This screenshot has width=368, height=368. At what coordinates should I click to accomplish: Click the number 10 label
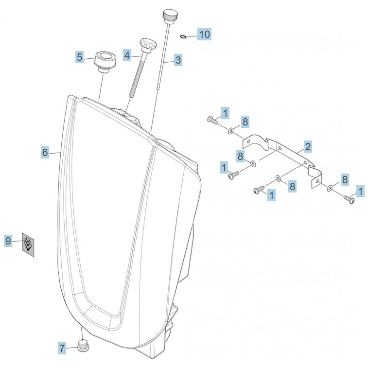click(x=204, y=34)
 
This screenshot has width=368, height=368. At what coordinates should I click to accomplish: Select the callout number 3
click(x=178, y=60)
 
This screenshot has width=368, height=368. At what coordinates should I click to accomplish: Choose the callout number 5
click(x=80, y=57)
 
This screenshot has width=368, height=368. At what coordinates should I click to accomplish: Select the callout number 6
click(x=45, y=152)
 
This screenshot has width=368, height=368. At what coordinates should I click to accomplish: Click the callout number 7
click(x=62, y=348)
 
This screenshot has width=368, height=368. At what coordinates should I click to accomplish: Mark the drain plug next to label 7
click(x=84, y=347)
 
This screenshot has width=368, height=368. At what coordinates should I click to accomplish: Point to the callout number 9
click(x=8, y=240)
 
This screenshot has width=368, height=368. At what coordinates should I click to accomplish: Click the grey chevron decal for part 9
click(x=29, y=243)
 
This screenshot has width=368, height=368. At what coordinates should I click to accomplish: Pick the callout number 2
click(x=308, y=146)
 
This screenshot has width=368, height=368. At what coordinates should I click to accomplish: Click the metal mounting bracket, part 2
click(x=287, y=153)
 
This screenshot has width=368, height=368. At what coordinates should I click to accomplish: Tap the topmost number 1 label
click(x=225, y=113)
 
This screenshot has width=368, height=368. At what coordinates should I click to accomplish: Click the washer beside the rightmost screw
click(x=331, y=187)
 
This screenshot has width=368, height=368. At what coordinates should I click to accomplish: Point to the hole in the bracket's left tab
click(x=248, y=142)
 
